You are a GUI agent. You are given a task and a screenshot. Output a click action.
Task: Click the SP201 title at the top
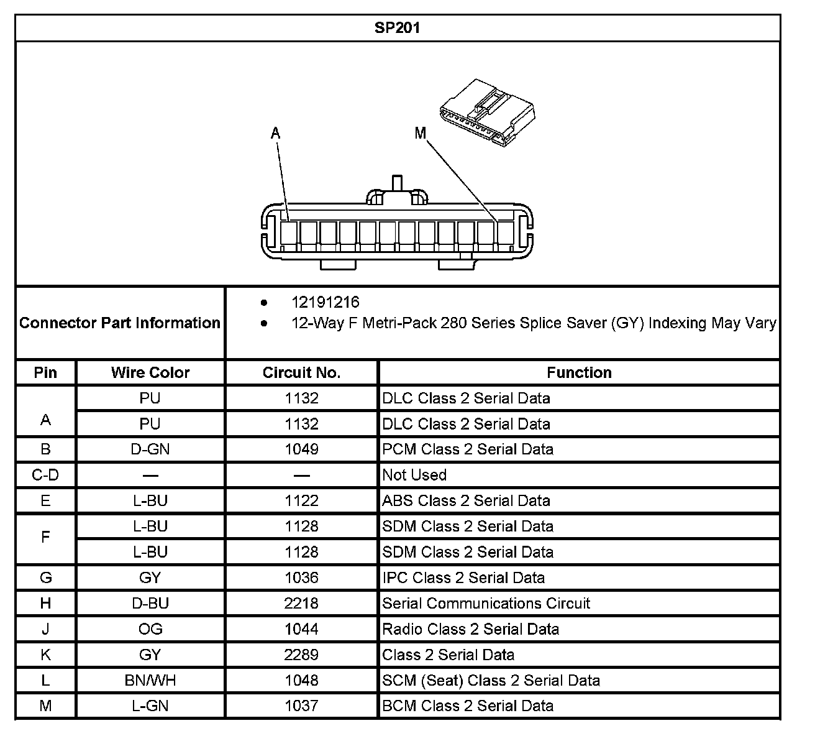(397, 28)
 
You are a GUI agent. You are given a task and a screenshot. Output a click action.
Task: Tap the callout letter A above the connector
(275, 132)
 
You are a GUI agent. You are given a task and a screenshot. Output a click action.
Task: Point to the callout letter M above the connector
(421, 132)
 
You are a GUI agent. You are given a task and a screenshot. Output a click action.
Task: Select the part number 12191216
(325, 302)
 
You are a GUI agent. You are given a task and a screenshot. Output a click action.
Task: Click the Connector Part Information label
(120, 323)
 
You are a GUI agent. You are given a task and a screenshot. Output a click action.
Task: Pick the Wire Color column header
(150, 372)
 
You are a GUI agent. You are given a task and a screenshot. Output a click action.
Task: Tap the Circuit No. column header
(301, 372)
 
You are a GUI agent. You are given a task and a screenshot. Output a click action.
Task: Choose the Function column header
(579, 372)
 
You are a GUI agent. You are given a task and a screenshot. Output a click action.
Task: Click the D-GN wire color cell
(150, 449)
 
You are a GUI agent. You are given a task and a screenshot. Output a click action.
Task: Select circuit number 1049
(301, 449)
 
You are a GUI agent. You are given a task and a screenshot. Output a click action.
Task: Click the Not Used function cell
(414, 475)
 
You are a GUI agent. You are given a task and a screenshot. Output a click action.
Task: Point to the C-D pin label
(45, 475)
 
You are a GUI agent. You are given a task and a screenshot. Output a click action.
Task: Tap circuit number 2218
(301, 603)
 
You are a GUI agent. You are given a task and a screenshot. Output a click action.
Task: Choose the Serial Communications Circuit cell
(486, 603)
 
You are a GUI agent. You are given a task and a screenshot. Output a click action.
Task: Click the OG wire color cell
(150, 628)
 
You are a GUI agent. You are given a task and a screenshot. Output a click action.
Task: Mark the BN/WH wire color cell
(150, 680)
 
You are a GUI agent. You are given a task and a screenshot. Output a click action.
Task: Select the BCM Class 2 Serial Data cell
(467, 706)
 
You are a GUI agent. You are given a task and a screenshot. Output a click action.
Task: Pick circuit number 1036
(301, 577)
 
